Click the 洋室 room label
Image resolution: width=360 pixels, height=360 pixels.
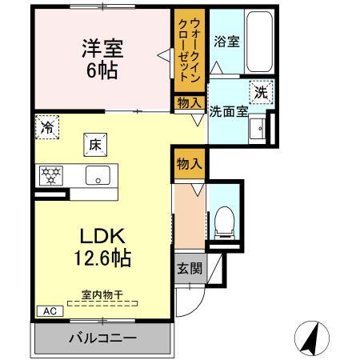102,47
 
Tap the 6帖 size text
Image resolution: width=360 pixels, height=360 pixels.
102,71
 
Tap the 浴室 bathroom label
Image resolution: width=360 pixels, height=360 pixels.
226,42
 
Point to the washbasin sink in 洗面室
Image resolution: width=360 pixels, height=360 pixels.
257,130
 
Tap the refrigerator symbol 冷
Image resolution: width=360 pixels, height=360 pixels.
47,126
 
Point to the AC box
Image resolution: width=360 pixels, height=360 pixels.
47,312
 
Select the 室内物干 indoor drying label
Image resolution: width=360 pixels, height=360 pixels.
101,295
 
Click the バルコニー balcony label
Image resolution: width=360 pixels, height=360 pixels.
102,338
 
